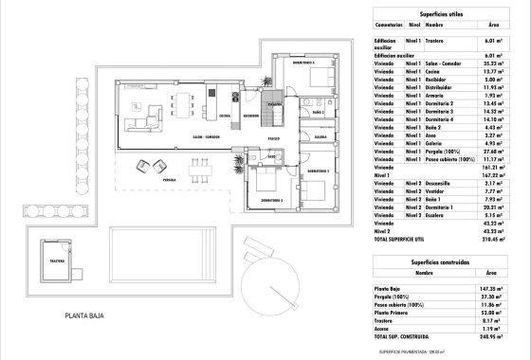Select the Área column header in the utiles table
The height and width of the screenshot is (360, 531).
(x=490, y=27)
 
